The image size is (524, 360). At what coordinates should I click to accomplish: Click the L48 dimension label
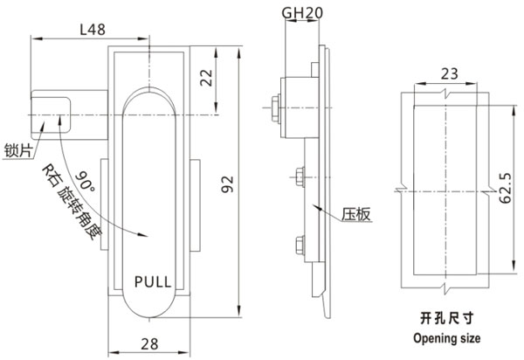(x=92, y=29)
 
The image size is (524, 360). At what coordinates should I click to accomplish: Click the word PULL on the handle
(x=155, y=282)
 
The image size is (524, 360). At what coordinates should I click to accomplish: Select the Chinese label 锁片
(x=17, y=148)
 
